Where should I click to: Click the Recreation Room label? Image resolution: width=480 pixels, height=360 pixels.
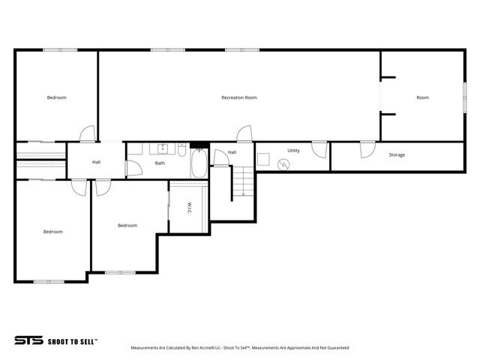[239, 97]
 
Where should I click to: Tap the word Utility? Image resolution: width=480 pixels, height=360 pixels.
[293, 151]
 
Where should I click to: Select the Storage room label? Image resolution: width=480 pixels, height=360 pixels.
[397, 155]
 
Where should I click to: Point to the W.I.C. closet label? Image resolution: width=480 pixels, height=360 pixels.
[190, 207]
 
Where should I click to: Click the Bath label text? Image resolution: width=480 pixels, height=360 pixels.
[160, 163]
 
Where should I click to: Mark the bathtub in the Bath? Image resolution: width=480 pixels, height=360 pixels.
[199, 164]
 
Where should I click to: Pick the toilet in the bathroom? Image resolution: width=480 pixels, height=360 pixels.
[182, 148]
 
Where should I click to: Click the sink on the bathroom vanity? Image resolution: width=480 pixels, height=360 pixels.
[162, 148]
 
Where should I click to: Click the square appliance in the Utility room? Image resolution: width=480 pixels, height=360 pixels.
[264, 159]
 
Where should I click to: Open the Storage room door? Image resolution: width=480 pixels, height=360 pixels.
[365, 150]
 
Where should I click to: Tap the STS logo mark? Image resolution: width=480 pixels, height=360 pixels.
[28, 340]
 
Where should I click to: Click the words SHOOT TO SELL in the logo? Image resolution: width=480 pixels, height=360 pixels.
[73, 340]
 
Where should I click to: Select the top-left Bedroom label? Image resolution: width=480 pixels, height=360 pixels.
[57, 97]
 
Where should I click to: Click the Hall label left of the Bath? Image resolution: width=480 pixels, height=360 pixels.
[97, 162]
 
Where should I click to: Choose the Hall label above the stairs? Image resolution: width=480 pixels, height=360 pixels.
[232, 152]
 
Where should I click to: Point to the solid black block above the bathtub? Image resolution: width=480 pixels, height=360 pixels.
[199, 145]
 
